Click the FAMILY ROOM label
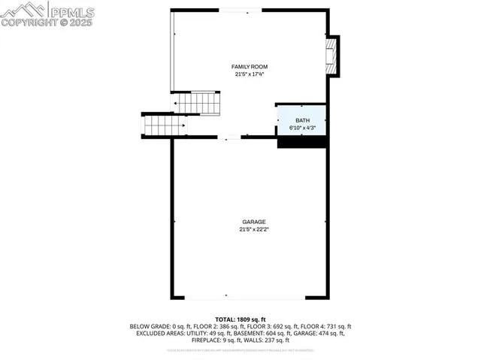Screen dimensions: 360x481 [x=249, y=67]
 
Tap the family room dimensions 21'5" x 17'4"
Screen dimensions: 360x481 [x=249, y=74]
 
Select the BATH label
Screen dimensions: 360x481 [x=301, y=120]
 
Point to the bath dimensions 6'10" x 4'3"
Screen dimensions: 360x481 [x=301, y=127]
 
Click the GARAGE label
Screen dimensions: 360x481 [x=253, y=222]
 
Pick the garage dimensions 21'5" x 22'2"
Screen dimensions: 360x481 [x=253, y=228]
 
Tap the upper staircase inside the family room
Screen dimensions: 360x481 [x=198, y=103]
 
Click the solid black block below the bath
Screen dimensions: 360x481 [x=301, y=141]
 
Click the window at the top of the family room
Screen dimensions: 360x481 [x=240, y=10]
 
